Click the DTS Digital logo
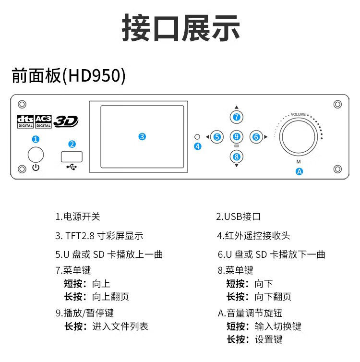tap(25, 121)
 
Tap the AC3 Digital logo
tap(43, 121)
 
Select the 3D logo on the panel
tap(65, 121)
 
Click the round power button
tap(36, 155)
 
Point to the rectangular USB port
tap(72, 156)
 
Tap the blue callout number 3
tap(142, 136)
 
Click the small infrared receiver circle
tap(196, 136)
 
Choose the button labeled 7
tap(236, 117)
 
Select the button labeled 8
tap(236, 156)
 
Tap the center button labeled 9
tap(236, 137)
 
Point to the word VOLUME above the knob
tap(298, 115)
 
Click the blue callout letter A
tap(299, 171)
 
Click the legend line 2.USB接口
tap(239, 217)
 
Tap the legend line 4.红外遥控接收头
tap(253, 236)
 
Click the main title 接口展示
tap(180, 28)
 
